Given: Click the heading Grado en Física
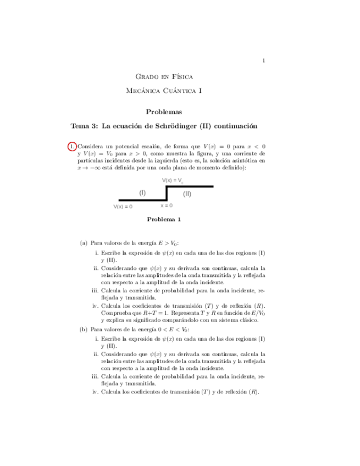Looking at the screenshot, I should tap(164, 76).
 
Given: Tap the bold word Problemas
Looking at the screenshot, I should tap(164, 112).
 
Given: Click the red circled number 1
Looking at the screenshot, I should tap(72, 146).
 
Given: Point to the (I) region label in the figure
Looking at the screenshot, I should tap(143, 193).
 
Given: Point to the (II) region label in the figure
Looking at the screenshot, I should tap(187, 193).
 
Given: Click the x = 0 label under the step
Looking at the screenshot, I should tap(167, 206).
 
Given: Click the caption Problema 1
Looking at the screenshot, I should tap(164, 219).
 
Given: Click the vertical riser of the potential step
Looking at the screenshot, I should tap(167, 193).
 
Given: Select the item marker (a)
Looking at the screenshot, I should tap(84, 242).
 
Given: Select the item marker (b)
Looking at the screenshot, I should tap(84, 329).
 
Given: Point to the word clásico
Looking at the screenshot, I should tap(248, 319).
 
